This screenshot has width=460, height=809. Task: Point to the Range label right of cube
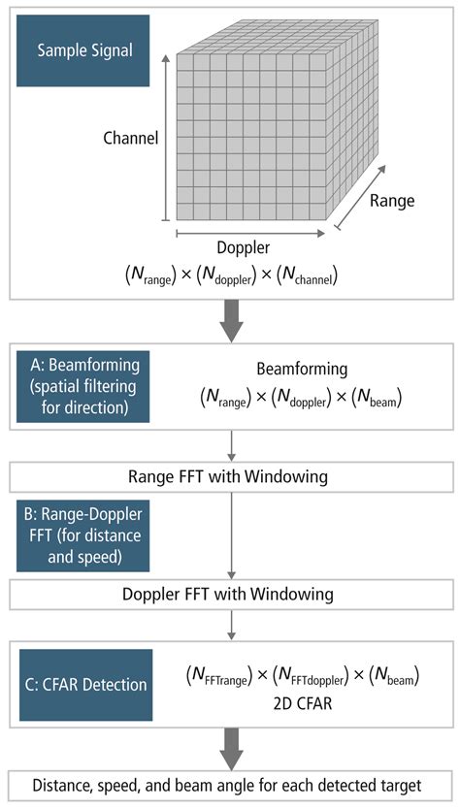tap(391, 201)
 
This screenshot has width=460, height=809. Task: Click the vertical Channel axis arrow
tap(165, 136)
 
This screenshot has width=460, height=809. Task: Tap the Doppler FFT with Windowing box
tap(229, 593)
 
